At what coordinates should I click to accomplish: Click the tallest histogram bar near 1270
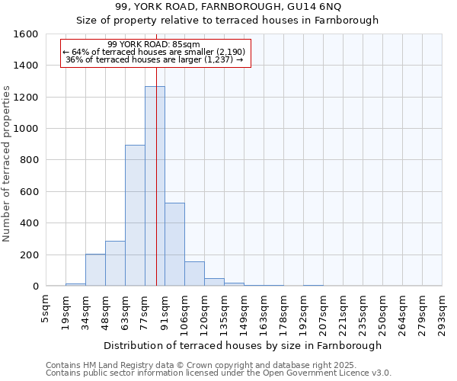point(155,187)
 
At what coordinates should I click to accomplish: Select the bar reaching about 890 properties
point(135,216)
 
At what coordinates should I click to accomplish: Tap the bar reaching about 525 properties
point(174,245)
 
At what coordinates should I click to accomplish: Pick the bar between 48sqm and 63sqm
point(115,264)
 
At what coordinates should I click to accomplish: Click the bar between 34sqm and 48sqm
point(95,271)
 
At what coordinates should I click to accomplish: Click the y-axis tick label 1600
point(25,34)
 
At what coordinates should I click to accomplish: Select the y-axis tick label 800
point(28,160)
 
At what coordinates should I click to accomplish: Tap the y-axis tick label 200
point(28,255)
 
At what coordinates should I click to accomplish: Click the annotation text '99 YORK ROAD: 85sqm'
point(154,44)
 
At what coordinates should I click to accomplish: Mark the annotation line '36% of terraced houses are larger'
point(155,59)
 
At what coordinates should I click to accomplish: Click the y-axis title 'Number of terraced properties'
point(8,164)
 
